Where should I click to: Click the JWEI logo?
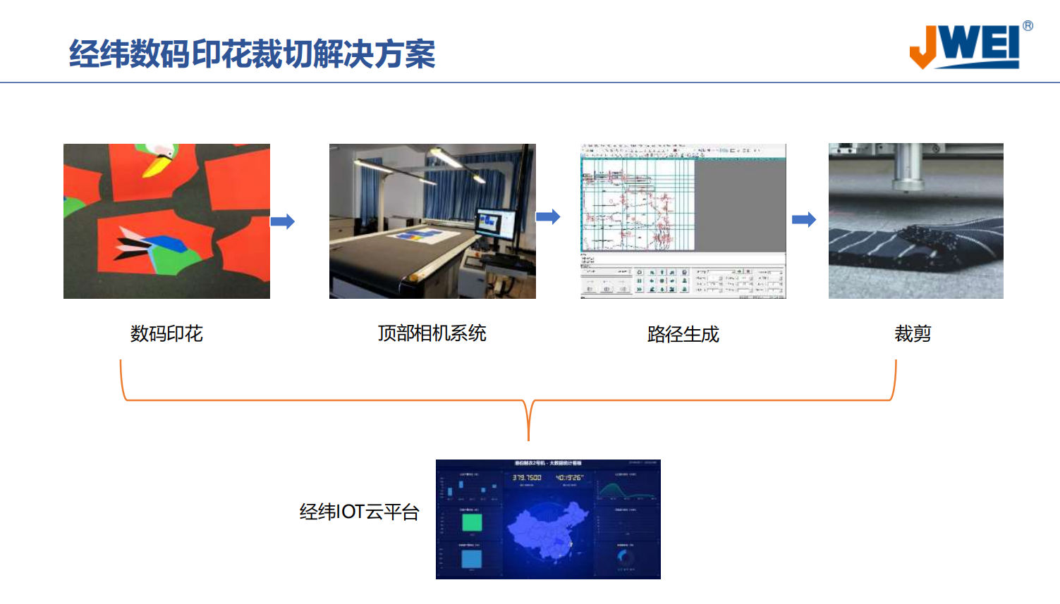[x=965, y=47]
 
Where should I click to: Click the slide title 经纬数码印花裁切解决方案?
[x=252, y=54]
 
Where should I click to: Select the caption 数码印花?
[x=166, y=333]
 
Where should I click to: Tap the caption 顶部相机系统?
[x=432, y=333]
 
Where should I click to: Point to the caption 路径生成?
[x=683, y=334]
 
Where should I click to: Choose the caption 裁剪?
[x=913, y=333]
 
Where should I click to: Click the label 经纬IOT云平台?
[x=359, y=512]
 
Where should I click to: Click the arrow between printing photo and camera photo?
[x=283, y=221]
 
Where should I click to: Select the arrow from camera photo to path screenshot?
[x=548, y=216]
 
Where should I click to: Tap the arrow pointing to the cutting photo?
[x=804, y=219]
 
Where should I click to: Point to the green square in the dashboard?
[x=472, y=522]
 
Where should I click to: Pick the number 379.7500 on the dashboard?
[x=527, y=478]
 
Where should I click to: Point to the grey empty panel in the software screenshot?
[x=740, y=204]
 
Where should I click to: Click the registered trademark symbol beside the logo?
[x=1028, y=26]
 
